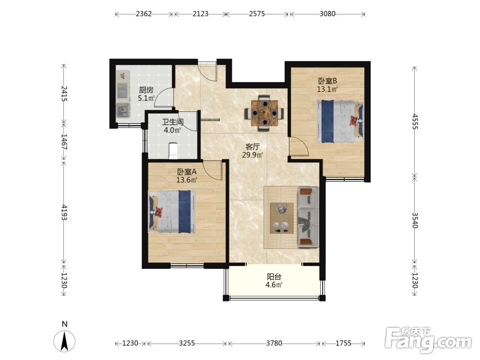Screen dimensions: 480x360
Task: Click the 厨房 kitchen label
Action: pos(146,90)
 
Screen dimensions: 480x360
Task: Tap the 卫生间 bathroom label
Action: pos(173,122)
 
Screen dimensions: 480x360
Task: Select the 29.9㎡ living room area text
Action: pos(252,155)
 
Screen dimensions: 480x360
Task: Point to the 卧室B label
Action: pos(327,81)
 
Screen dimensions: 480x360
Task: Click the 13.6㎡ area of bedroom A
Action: pos(186,180)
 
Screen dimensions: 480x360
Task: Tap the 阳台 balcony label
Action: pos(274,277)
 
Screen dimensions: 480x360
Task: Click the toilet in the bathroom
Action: pos(174,151)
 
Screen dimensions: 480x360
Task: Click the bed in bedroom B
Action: pos(340,121)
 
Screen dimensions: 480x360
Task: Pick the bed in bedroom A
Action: pos(172,212)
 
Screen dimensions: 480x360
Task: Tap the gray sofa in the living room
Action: pos(309,217)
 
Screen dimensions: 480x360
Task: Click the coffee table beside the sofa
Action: pos(282,218)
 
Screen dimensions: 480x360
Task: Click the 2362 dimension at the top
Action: pos(144,14)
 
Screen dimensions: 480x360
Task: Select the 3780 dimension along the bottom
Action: pos(274,343)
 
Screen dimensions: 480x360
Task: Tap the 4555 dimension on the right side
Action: pos(415,121)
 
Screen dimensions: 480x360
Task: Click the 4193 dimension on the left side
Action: pos(64,212)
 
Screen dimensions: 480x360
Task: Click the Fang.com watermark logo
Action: pos(428,339)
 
